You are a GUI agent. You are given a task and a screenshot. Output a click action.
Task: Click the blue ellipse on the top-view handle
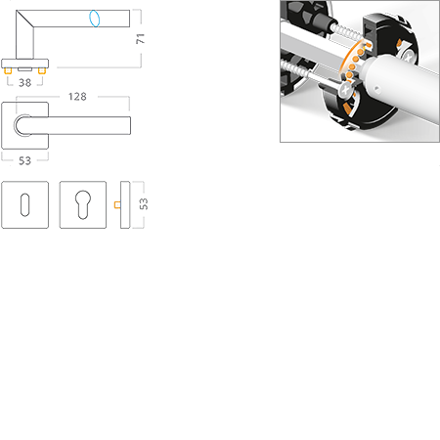coord(95,18)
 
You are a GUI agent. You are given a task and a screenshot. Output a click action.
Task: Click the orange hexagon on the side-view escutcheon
coord(115,205)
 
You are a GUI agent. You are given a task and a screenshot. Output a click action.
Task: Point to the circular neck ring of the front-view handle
coord(23,125)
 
